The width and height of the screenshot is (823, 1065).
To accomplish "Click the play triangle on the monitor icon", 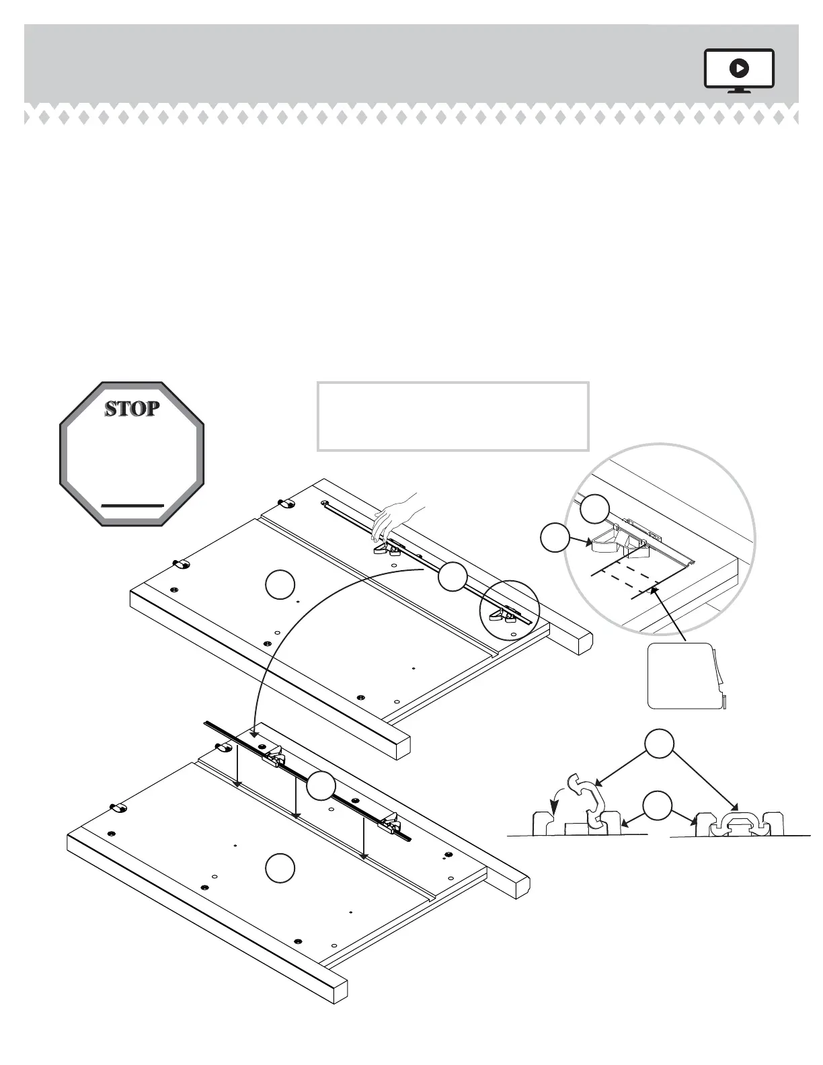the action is [x=739, y=68].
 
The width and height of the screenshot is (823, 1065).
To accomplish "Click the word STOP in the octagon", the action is [x=132, y=408].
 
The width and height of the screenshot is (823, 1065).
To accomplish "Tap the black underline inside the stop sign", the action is [x=132, y=504].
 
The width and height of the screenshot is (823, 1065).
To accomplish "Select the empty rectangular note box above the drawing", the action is [x=453, y=416].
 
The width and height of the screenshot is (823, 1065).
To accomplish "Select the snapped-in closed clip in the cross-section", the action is [x=738, y=821].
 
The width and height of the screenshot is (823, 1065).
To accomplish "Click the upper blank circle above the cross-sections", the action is [x=660, y=744].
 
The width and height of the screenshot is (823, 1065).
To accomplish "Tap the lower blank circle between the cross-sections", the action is [x=657, y=805].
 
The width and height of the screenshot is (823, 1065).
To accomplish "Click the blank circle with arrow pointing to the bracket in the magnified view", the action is [x=555, y=539].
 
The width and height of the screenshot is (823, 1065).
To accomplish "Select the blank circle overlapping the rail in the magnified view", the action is [x=595, y=509].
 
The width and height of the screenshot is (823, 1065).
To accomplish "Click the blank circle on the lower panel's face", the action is [x=278, y=867].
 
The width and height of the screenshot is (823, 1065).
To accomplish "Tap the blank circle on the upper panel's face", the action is [x=280, y=584].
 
